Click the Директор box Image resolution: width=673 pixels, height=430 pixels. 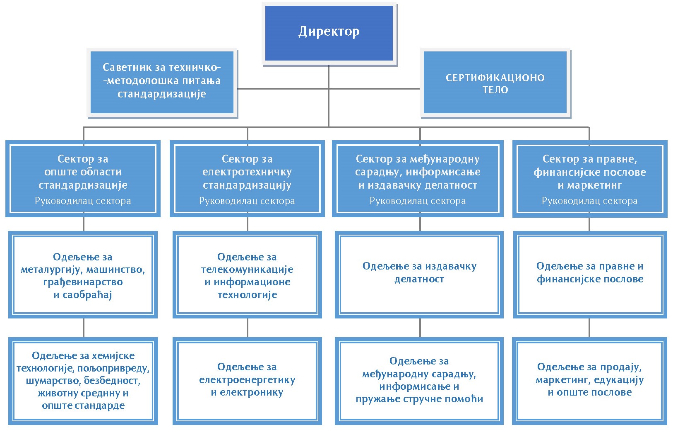pyautogui.click(x=329, y=33)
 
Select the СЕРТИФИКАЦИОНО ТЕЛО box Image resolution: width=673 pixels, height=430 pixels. pyautogui.click(x=495, y=83)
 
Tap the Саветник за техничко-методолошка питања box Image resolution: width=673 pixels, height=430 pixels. pyautogui.click(x=162, y=83)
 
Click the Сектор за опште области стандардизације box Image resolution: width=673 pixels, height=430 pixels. pyautogui.click(x=83, y=179)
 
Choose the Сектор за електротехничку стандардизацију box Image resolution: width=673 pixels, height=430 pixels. pyautogui.click(x=247, y=179)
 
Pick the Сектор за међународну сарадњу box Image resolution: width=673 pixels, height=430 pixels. pyautogui.click(x=418, y=179)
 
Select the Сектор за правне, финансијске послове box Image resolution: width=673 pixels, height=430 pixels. pyautogui.click(x=590, y=179)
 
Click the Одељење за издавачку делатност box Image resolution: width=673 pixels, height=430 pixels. pyautogui.click(x=419, y=275)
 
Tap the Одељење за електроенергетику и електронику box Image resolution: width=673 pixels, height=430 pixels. pyautogui.click(x=247, y=381)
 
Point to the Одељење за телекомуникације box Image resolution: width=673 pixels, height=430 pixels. pyautogui.click(x=247, y=275)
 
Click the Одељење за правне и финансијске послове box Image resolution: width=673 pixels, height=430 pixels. pyautogui.click(x=590, y=275)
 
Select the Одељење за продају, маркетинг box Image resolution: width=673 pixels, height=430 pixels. pyautogui.click(x=590, y=381)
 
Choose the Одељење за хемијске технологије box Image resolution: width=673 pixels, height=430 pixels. pyautogui.click(x=83, y=381)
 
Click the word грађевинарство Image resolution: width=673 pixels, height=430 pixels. pyautogui.click(x=83, y=282)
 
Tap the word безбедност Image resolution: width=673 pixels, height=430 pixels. pyautogui.click(x=112, y=381)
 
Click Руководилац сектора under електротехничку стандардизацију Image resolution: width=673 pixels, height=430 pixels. pyautogui.click(x=247, y=201)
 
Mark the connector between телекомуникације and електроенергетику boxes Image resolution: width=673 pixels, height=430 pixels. pyautogui.click(x=248, y=328)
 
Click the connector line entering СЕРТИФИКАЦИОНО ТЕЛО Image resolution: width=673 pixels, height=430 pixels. pyautogui.click(x=375, y=89)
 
